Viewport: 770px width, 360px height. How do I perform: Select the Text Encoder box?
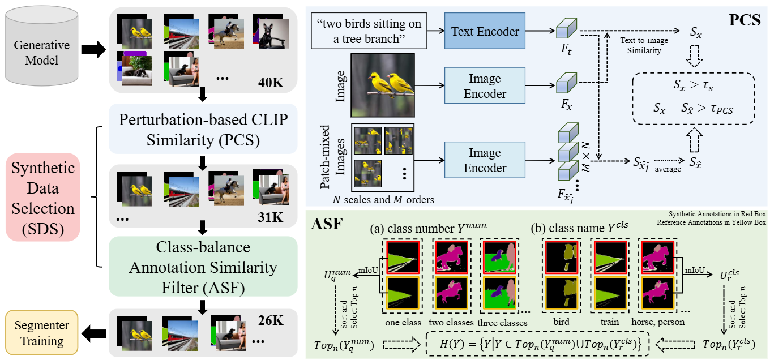point(485,32)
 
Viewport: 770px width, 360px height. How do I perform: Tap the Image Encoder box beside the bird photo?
point(485,86)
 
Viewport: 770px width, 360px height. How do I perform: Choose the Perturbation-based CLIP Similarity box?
point(202,128)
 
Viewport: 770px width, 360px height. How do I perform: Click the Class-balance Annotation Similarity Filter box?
point(202,265)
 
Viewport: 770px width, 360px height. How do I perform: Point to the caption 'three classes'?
point(502,322)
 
